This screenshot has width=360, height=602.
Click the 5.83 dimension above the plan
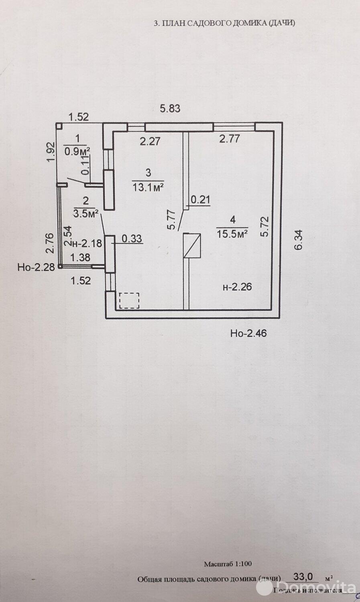coord(170,108)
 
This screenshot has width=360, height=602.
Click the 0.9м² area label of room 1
coord(77,152)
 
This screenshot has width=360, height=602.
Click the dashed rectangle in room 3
coord(129,300)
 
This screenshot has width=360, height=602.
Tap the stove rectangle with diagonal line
coord(191,246)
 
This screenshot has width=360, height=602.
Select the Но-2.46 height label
coord(249,333)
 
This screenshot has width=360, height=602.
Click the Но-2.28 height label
coord(36,267)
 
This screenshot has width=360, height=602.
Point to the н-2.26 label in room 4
coord(238,287)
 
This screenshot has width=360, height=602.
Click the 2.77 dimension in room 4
coord(229,139)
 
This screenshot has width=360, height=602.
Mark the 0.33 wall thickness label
coord(132,239)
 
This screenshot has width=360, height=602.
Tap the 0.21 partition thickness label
coord(201,199)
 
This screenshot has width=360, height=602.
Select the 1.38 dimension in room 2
coord(80,258)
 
